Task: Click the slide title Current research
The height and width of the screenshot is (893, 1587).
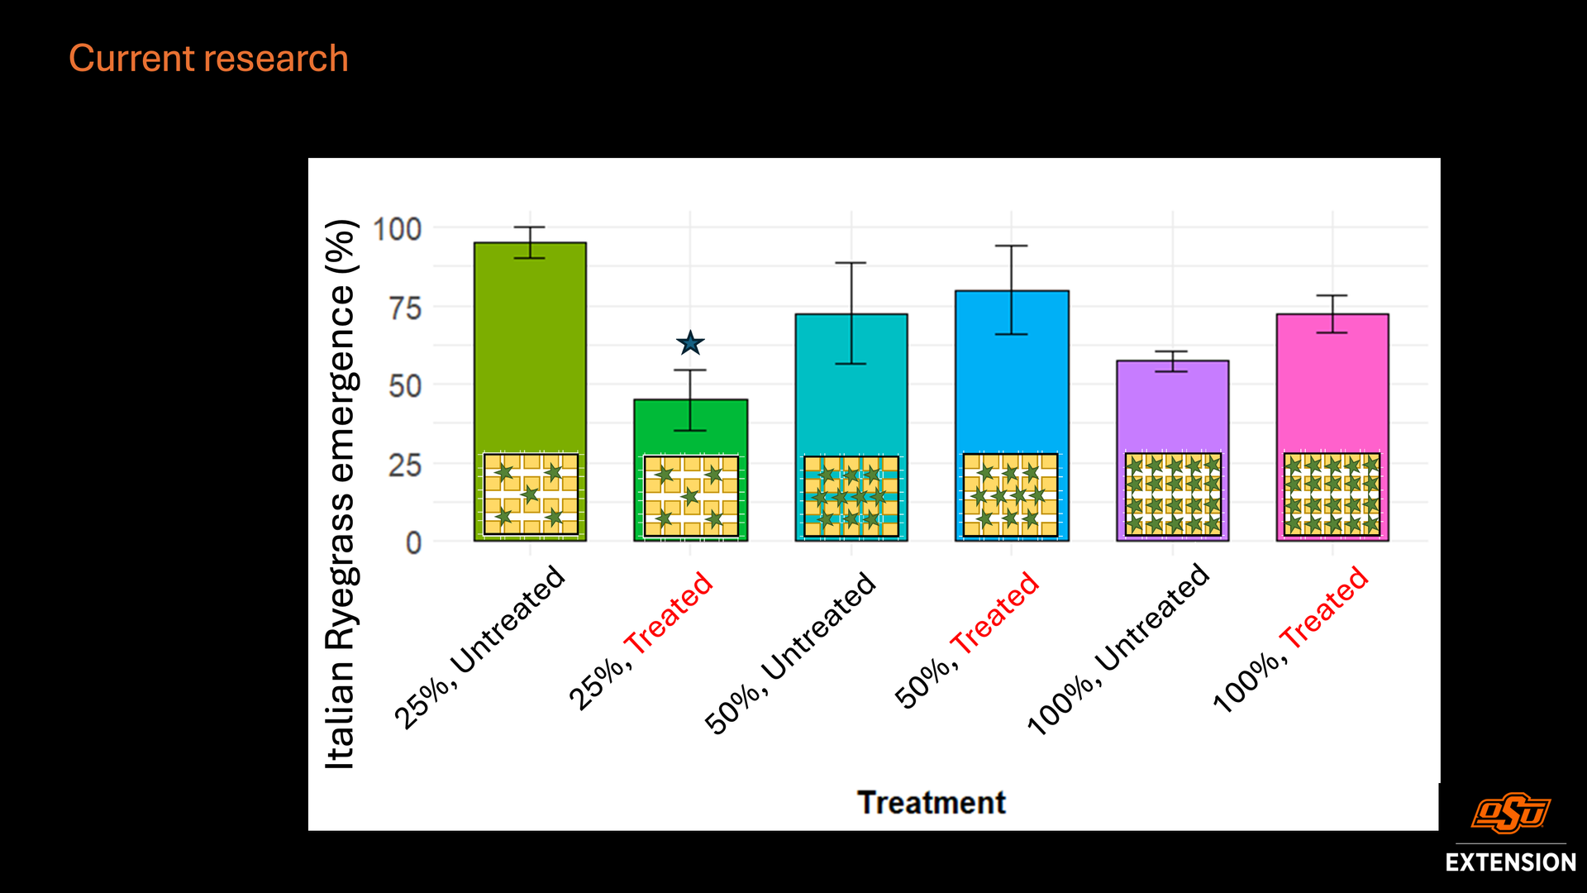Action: (208, 59)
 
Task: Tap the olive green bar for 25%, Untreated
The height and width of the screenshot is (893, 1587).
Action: (530, 347)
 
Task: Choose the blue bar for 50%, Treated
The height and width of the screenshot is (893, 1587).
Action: (1012, 372)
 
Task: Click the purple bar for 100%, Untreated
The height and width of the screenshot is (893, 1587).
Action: (1172, 405)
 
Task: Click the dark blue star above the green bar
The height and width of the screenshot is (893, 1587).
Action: (690, 342)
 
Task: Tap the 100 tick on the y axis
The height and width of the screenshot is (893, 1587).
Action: (398, 229)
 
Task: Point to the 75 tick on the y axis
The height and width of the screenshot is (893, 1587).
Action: (405, 308)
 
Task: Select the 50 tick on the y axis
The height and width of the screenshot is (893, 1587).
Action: (405, 386)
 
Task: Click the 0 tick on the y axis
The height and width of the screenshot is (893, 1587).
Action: (413, 543)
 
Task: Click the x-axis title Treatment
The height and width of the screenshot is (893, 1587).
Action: (932, 803)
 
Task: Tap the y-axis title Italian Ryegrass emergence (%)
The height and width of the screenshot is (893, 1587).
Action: (340, 494)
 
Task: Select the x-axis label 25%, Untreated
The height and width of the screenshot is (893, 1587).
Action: (479, 647)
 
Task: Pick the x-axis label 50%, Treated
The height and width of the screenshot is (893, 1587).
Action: (966, 640)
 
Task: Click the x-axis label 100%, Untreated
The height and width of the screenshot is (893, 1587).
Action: (1118, 649)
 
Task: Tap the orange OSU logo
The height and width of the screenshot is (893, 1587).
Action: (1511, 813)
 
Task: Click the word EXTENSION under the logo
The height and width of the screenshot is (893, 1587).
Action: (1511, 862)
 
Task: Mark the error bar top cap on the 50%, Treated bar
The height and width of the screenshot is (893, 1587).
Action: (1012, 246)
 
